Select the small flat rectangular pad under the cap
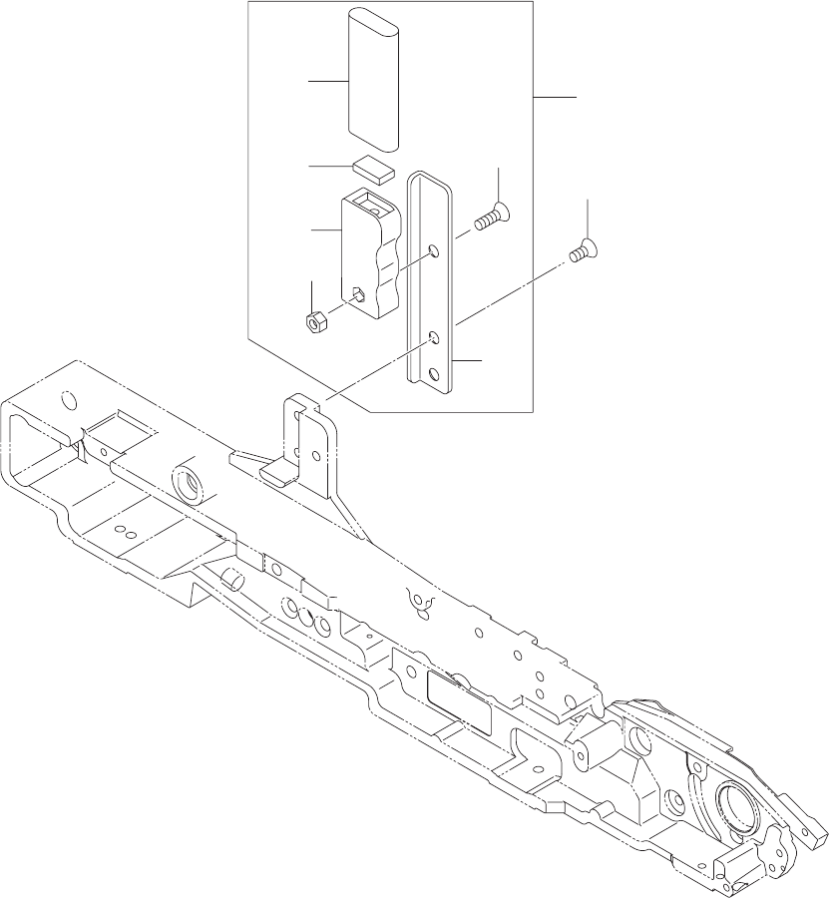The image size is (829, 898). (374, 167)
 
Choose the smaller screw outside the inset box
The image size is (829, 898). (581, 253)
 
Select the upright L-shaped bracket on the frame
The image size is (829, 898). (309, 439)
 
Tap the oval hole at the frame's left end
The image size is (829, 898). (68, 401)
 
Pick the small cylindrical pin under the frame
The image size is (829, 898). (231, 579)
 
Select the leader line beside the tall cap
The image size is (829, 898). (327, 82)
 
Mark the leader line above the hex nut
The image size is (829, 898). (312, 295)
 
